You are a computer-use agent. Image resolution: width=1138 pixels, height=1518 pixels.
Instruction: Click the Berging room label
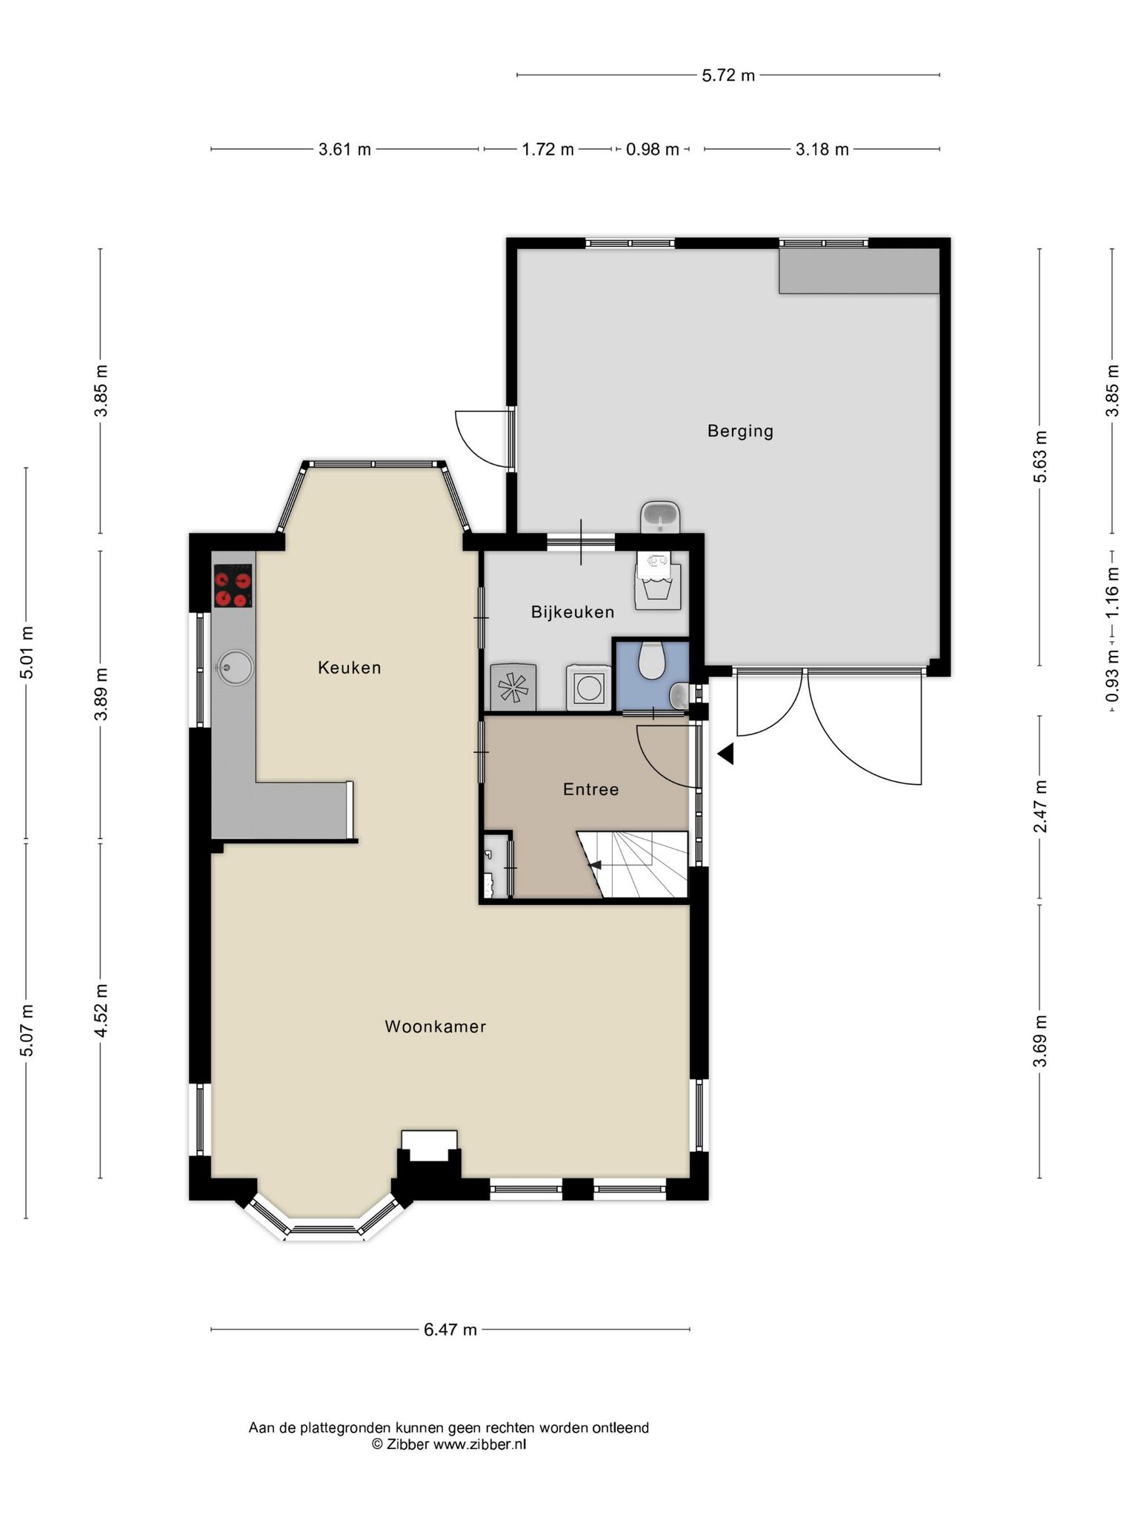pyautogui.click(x=740, y=431)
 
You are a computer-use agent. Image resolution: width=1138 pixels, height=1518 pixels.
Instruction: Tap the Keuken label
pyautogui.click(x=350, y=668)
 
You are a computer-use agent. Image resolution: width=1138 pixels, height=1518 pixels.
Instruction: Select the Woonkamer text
pyautogui.click(x=436, y=1027)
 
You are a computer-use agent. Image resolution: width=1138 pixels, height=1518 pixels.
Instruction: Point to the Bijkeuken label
pyautogui.click(x=573, y=612)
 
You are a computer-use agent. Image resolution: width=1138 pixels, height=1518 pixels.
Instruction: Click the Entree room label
pyautogui.click(x=590, y=789)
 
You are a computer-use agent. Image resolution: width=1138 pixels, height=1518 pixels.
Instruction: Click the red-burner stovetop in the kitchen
pyautogui.click(x=233, y=586)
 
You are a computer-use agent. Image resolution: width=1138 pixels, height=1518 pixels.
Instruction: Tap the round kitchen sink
pyautogui.click(x=234, y=667)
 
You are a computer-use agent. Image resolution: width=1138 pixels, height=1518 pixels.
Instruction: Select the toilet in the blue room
pyautogui.click(x=652, y=660)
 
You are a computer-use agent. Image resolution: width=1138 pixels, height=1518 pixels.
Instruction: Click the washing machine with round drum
pyautogui.click(x=589, y=688)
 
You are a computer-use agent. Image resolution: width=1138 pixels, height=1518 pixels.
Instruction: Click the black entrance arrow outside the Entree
pyautogui.click(x=725, y=754)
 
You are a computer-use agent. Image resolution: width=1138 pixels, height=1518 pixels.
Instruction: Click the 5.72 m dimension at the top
pyautogui.click(x=728, y=75)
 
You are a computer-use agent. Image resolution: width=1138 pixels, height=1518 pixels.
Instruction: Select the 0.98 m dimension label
pyautogui.click(x=653, y=150)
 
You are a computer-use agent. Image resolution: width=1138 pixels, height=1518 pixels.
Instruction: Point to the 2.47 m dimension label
pyautogui.click(x=1041, y=806)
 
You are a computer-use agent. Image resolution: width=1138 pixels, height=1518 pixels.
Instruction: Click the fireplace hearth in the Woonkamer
pyautogui.click(x=429, y=1146)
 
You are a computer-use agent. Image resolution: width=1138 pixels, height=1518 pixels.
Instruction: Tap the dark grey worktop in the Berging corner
pyautogui.click(x=859, y=271)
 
